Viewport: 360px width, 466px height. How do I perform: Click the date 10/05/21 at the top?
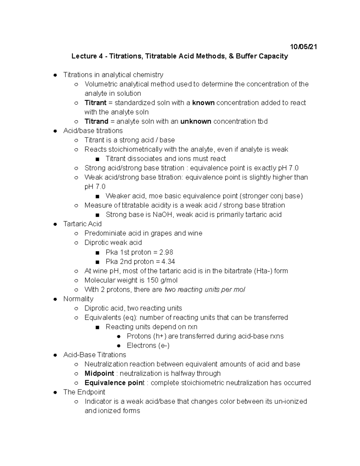point(304,47)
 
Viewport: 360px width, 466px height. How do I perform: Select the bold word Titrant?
point(95,103)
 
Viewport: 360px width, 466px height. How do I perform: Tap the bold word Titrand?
point(96,121)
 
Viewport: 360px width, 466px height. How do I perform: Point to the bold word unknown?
point(196,121)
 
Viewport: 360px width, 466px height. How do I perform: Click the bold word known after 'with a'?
point(203,103)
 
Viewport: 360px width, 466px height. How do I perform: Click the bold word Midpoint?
point(99,373)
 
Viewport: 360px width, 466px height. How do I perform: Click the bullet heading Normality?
point(78,299)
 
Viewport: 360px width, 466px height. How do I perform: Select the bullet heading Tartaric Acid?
point(82,224)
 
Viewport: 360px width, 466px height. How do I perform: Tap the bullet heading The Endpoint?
point(84,392)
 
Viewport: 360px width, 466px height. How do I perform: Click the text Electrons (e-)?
point(148,345)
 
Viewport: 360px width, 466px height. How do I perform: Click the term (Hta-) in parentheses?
point(263,271)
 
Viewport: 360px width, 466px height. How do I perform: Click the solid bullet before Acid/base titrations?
point(55,131)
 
